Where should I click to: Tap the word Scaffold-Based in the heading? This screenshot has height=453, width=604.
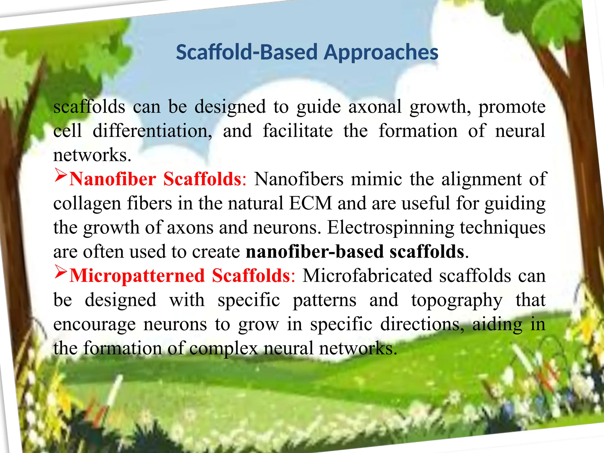click(247, 52)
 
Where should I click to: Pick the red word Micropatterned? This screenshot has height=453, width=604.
click(137, 276)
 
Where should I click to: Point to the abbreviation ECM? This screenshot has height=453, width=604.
click(311, 203)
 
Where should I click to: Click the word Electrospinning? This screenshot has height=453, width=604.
click(391, 227)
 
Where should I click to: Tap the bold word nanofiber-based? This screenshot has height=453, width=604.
click(315, 252)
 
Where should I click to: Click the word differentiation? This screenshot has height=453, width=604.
click(152, 131)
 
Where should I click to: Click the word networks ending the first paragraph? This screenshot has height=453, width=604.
click(92, 155)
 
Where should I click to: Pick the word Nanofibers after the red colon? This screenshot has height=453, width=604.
click(299, 179)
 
